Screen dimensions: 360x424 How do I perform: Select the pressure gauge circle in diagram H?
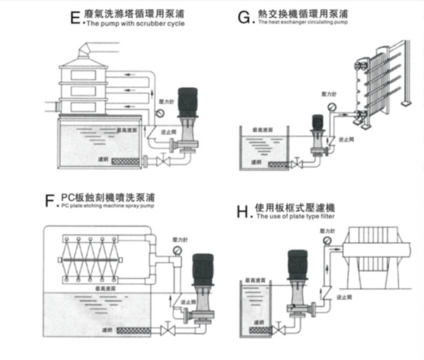point(327,241)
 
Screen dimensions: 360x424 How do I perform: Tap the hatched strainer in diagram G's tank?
point(279,164)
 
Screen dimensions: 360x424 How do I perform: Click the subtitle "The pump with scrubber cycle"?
point(135,24)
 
